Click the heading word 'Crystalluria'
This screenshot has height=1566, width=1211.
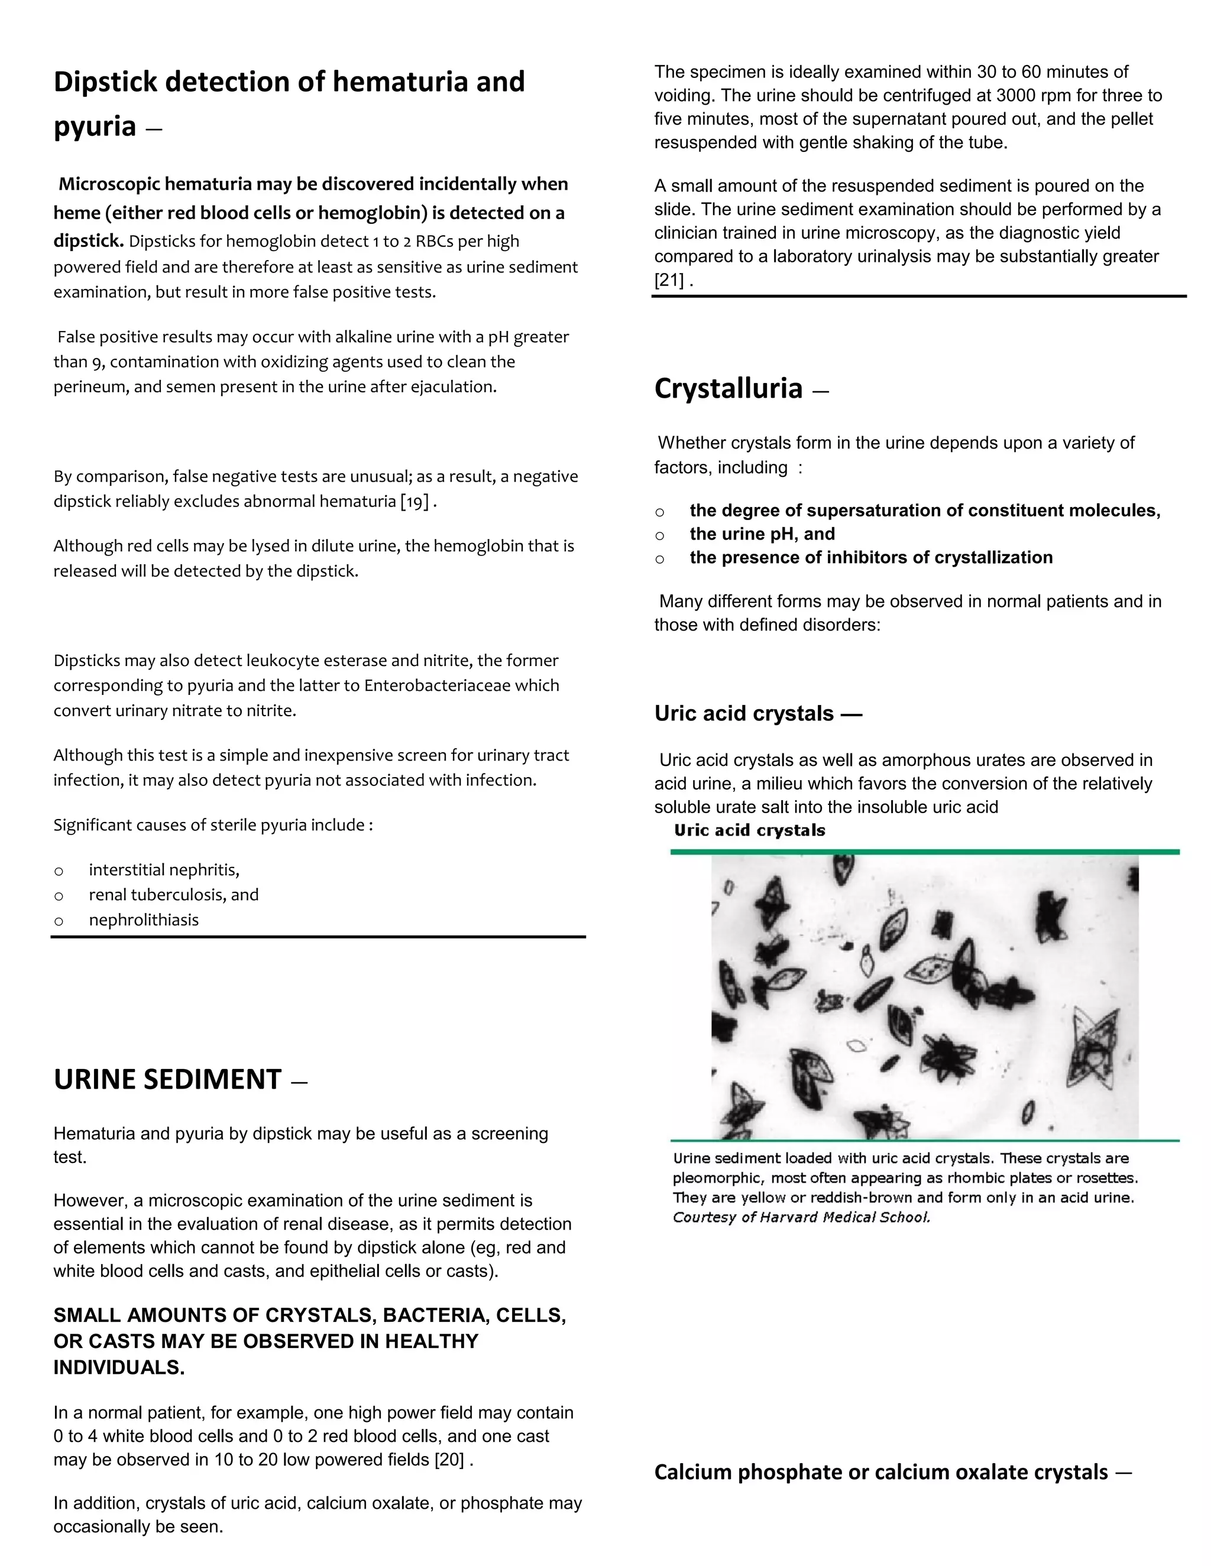click(727, 389)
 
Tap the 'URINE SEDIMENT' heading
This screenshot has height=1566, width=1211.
click(167, 1080)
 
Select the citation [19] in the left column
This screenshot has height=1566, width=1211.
click(415, 501)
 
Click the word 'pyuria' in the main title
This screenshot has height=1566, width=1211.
click(95, 126)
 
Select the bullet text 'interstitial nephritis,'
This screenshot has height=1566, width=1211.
click(164, 870)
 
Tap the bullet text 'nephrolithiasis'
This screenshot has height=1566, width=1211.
click(144, 920)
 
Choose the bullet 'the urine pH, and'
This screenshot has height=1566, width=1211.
click(762, 534)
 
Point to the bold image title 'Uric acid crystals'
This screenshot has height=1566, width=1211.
click(749, 830)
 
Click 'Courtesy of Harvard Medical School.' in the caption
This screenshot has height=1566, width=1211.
click(801, 1217)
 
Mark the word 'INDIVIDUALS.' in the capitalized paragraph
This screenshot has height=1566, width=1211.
click(119, 1367)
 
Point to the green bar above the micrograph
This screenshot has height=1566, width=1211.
click(925, 852)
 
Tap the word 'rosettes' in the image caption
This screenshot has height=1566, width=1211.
click(1110, 1178)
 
